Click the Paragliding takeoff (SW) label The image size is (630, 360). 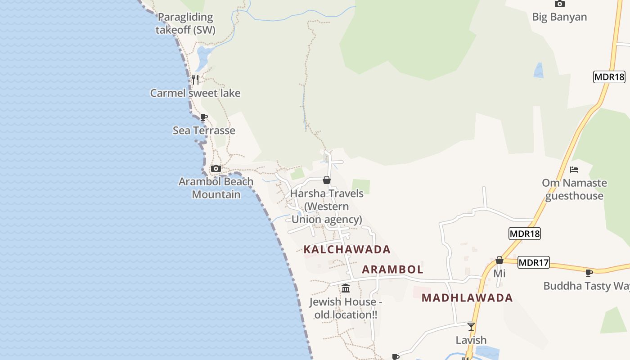tap(185, 23)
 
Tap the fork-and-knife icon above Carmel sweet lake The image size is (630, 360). tap(195, 80)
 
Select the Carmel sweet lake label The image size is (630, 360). tap(195, 93)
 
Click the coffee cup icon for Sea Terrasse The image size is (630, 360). tap(204, 117)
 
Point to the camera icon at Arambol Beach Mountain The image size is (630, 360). tap(216, 168)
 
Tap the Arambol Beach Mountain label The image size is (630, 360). tap(216, 188)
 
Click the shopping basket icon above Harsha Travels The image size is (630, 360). tap(327, 180)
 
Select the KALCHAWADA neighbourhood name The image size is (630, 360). tap(347, 249)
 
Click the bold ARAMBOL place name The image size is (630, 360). tap(392, 270)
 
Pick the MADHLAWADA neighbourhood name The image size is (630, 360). tap(467, 298)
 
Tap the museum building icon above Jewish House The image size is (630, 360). tap(346, 288)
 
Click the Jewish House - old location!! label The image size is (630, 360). tap(346, 308)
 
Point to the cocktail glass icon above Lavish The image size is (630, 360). tap(471, 326)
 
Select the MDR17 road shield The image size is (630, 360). tap(533, 262)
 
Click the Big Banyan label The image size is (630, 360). tap(559, 17)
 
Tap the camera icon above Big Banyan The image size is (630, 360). tap(559, 4)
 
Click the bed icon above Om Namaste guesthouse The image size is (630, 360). tap(574, 170)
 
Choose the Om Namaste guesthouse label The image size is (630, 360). tap(574, 189)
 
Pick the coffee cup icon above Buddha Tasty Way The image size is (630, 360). tap(589, 273)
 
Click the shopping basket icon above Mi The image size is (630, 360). tap(499, 260)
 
